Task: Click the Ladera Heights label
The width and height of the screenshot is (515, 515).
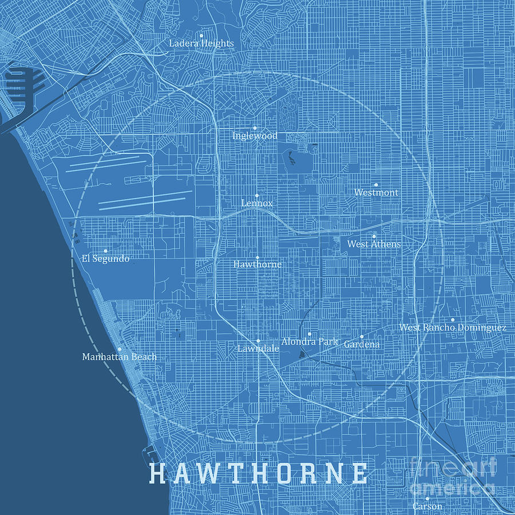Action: [x=201, y=43]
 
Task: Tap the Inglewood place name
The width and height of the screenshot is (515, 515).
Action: [x=255, y=136]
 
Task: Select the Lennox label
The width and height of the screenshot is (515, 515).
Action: [x=257, y=203]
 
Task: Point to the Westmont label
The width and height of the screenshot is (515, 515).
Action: [x=376, y=193]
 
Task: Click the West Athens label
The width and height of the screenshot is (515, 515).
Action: [x=374, y=244]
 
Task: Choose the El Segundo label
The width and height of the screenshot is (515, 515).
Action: [x=105, y=259]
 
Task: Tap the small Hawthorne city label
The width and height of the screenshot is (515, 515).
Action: [x=257, y=264]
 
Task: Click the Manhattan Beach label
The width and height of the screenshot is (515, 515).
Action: [x=119, y=357]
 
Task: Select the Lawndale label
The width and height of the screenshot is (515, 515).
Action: [x=258, y=348]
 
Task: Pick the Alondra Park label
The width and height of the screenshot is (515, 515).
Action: [x=310, y=342]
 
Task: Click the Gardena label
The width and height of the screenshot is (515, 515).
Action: [x=361, y=344]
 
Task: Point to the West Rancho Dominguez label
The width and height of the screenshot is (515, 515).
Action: [x=452, y=328]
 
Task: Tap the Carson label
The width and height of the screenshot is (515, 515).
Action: [x=427, y=506]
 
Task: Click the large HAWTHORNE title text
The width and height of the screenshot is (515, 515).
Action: [x=258, y=473]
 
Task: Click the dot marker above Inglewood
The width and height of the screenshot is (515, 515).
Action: [x=255, y=128]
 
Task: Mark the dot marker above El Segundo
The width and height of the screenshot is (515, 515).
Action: [x=105, y=251]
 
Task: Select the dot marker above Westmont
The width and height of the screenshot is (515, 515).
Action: [x=376, y=185]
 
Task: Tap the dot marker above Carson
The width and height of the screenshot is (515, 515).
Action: [x=427, y=498]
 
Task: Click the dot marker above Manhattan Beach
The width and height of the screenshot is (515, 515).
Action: [x=119, y=349]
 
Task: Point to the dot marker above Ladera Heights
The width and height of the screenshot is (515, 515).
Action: [x=201, y=35]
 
